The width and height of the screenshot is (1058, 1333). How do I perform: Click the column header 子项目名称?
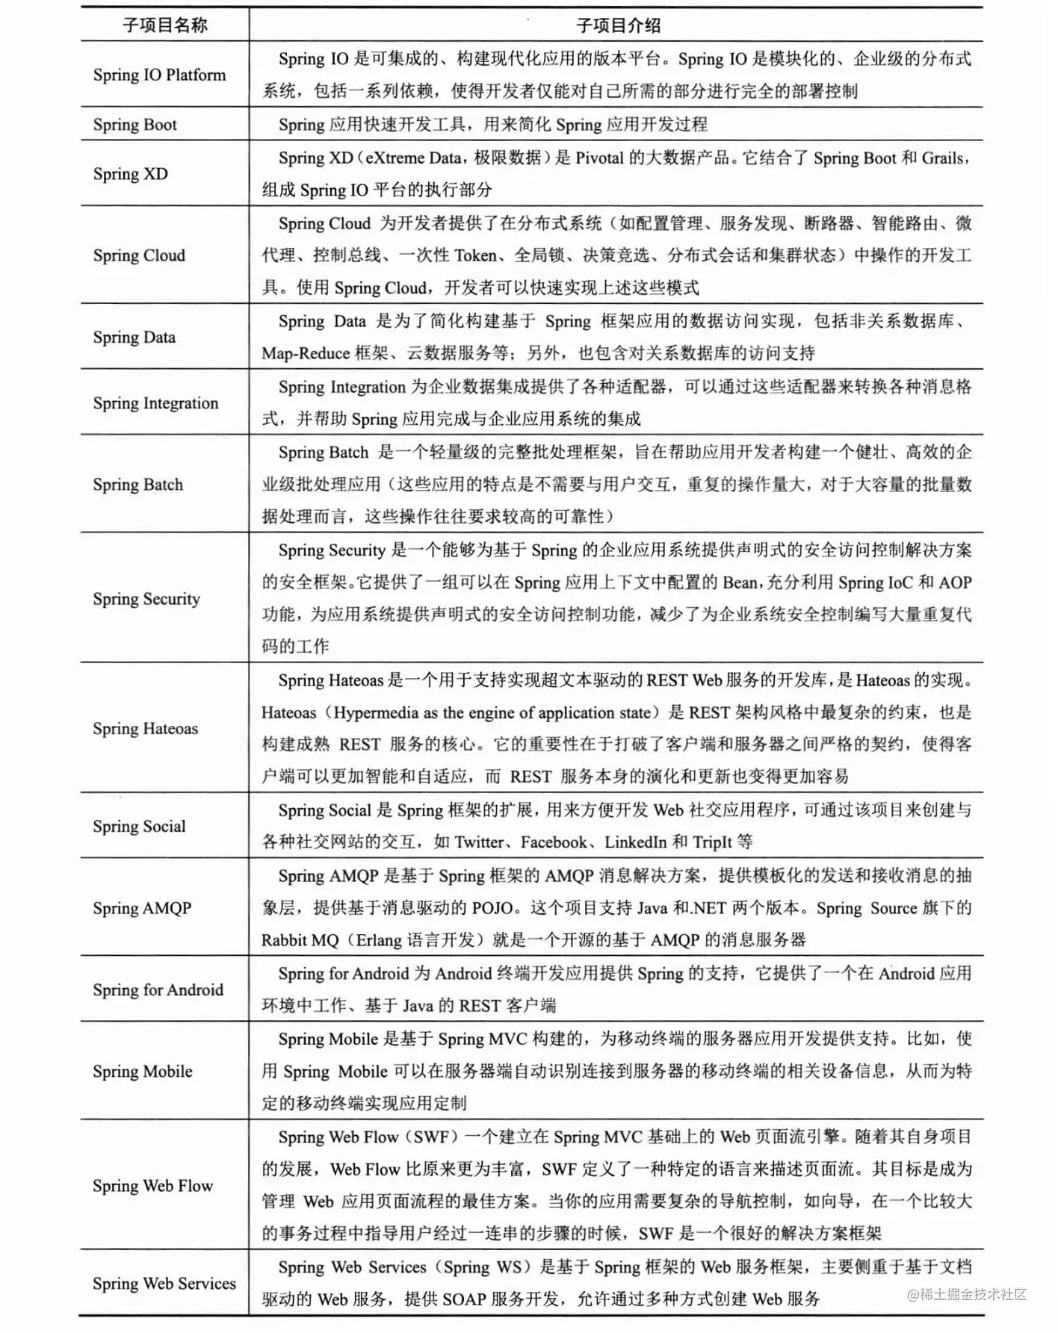click(164, 25)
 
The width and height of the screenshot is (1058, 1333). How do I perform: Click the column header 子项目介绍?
click(617, 25)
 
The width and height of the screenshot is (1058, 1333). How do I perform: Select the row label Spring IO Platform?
click(159, 75)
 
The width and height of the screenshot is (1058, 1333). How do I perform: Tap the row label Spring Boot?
click(135, 125)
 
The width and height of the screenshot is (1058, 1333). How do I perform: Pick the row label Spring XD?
click(131, 174)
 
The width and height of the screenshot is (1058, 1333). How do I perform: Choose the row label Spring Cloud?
click(139, 255)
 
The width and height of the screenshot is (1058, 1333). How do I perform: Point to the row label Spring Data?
click(134, 338)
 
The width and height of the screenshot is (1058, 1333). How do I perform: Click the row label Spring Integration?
click(155, 403)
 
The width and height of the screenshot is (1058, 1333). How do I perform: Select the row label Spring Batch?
click(138, 485)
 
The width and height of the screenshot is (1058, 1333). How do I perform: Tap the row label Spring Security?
click(146, 599)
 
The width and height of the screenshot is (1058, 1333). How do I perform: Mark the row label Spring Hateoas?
click(146, 729)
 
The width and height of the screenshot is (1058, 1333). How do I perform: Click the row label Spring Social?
click(139, 827)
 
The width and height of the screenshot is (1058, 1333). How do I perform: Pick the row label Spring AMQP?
click(142, 908)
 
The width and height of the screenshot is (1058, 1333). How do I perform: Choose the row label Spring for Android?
click(158, 990)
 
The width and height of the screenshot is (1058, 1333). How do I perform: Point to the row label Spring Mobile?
click(143, 1072)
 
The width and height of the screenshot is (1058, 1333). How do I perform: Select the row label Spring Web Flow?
click(152, 1186)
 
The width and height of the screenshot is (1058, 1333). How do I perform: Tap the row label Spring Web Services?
click(164, 1284)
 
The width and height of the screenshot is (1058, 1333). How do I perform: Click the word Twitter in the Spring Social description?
click(479, 842)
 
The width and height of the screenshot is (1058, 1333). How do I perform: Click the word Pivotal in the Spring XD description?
click(599, 158)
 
